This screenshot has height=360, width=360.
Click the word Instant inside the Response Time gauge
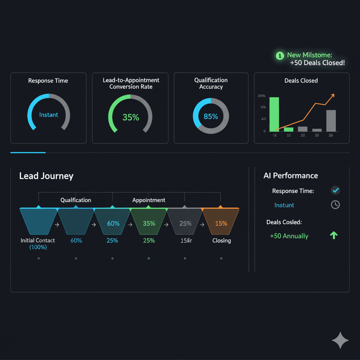(x=49, y=115)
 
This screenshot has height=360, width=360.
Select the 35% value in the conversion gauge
(x=131, y=117)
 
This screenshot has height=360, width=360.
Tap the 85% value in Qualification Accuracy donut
(x=211, y=116)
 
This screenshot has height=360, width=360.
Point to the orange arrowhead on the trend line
(x=333, y=95)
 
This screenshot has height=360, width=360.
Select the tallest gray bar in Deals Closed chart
(x=331, y=121)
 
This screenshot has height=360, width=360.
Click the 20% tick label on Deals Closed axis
(x=261, y=96)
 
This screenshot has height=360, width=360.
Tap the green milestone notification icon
(x=280, y=55)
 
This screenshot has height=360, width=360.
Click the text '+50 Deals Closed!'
(x=317, y=63)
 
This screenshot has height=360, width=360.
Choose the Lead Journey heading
(x=46, y=176)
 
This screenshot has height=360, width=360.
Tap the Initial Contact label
(x=38, y=240)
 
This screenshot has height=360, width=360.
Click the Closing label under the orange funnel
(x=221, y=240)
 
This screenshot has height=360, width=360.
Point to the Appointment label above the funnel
(x=149, y=200)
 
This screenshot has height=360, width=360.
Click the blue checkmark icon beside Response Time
(x=335, y=191)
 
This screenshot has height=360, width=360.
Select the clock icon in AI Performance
(x=335, y=205)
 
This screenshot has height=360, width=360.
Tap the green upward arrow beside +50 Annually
(x=334, y=236)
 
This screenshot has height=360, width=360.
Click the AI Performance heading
(x=290, y=176)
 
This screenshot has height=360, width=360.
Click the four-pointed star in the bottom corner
(x=340, y=340)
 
